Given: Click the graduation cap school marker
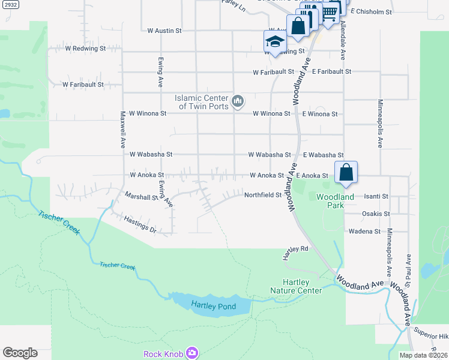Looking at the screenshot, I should click(275, 41).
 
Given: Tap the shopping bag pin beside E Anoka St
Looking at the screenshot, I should click(346, 173).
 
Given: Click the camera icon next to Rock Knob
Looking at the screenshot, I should click(191, 353).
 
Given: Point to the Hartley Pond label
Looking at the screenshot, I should click(213, 306).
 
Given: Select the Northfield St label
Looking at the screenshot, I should click(262, 195).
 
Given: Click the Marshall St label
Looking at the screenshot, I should click(140, 196).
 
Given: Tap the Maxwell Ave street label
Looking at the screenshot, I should click(122, 130).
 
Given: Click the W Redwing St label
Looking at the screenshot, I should click(85, 48).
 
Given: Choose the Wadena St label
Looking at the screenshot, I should click(363, 231).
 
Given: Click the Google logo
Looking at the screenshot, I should click(20, 353).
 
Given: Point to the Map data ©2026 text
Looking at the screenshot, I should click(423, 355).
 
